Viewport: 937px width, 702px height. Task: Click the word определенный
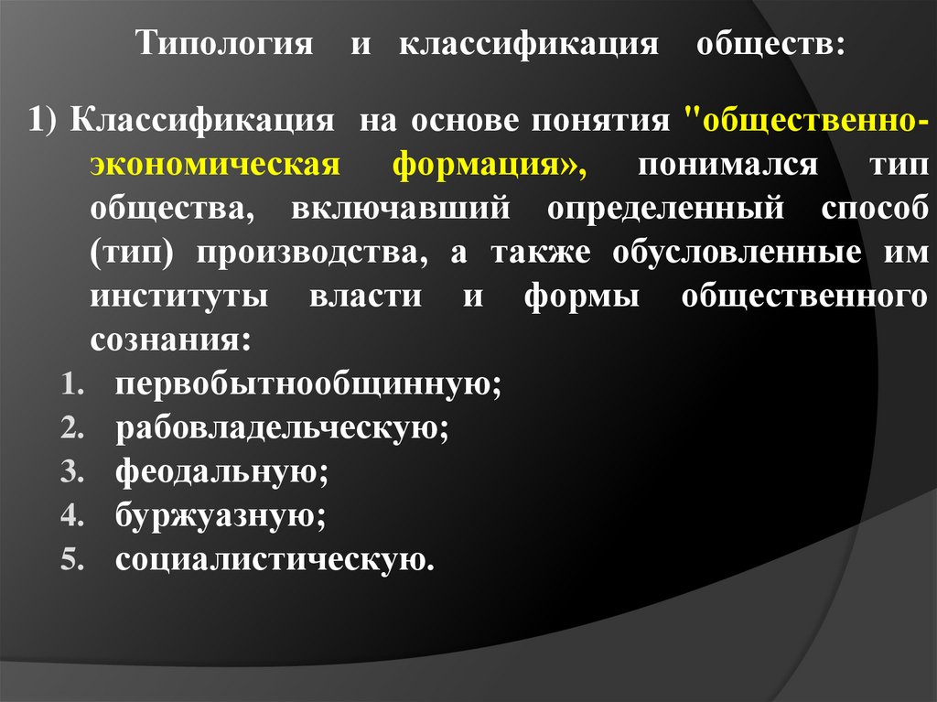666,210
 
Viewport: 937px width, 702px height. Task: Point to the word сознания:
169,340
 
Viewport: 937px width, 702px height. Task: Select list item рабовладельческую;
282,427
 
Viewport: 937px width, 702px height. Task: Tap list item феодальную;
221,471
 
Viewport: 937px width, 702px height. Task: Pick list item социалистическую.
274,558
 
